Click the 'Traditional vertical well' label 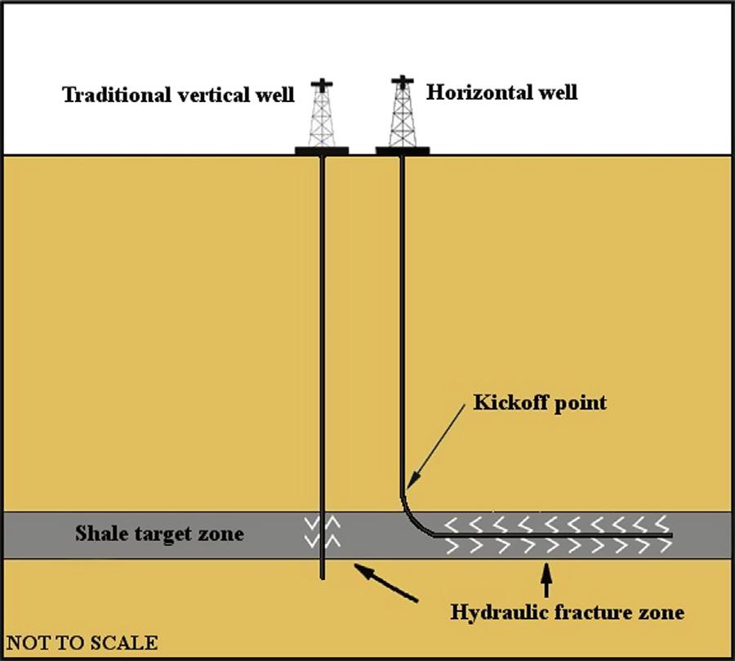pyautogui.click(x=178, y=95)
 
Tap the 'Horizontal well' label pyautogui.click(x=501, y=91)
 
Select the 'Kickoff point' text pyautogui.click(x=540, y=403)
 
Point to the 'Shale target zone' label pyautogui.click(x=159, y=534)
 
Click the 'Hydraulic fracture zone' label pyautogui.click(x=567, y=611)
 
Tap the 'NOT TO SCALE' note pyautogui.click(x=82, y=642)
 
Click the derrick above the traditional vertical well pyautogui.click(x=323, y=114)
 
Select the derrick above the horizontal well pyautogui.click(x=402, y=113)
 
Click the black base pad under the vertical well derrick pyautogui.click(x=322, y=150)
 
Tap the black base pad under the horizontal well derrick pyautogui.click(x=403, y=150)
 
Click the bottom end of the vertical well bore pyautogui.click(x=323, y=576)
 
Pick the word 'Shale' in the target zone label pyautogui.click(x=97, y=534)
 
